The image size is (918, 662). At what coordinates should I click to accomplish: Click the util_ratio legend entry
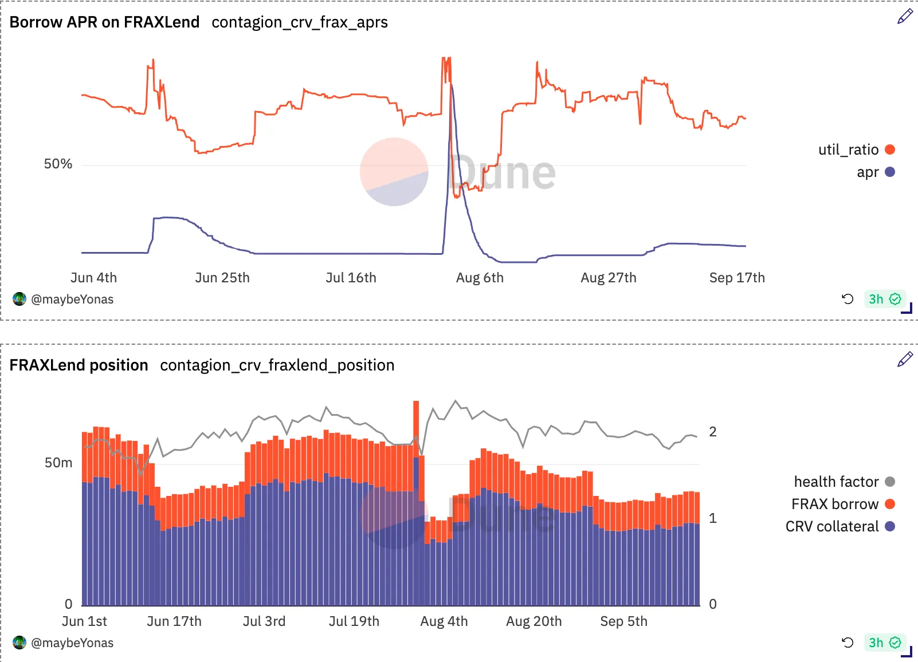click(x=856, y=149)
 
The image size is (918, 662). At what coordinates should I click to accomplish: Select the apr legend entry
click(x=876, y=172)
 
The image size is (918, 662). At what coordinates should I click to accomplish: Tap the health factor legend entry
click(x=844, y=482)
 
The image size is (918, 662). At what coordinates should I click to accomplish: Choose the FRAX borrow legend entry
click(x=843, y=504)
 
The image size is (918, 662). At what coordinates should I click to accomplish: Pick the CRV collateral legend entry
click(x=839, y=526)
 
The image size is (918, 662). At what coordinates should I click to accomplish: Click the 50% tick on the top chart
click(x=58, y=164)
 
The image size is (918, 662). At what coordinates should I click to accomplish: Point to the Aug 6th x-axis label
click(x=480, y=278)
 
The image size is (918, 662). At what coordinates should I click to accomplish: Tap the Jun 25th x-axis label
click(x=222, y=278)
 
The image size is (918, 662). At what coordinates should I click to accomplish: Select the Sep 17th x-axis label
click(x=737, y=278)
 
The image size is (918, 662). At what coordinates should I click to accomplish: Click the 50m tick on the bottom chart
click(x=58, y=463)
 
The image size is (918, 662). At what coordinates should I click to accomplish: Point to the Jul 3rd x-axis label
click(x=264, y=621)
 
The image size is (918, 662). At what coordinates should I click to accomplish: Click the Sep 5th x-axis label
click(x=624, y=621)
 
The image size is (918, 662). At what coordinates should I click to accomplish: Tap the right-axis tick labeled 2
click(x=713, y=431)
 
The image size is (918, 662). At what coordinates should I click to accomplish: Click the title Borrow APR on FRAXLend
click(x=104, y=22)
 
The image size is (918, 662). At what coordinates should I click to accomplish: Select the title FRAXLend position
click(x=79, y=365)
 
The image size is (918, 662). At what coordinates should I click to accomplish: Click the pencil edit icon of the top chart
click(x=905, y=17)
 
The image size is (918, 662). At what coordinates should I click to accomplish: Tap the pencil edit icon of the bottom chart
click(x=905, y=359)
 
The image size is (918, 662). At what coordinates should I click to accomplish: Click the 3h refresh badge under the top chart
click(x=884, y=299)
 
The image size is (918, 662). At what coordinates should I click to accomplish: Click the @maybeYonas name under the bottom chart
click(x=72, y=643)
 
